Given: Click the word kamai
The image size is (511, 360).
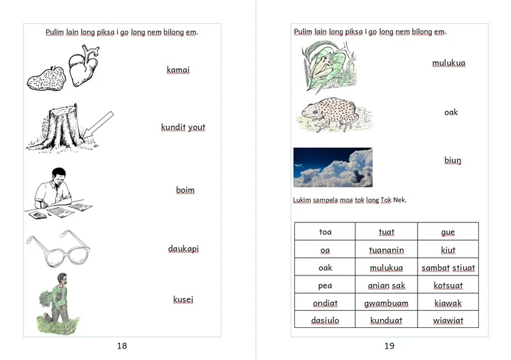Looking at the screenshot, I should click(178, 70).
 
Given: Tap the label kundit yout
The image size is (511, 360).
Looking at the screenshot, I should click(183, 127).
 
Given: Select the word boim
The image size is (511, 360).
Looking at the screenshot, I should click(185, 190).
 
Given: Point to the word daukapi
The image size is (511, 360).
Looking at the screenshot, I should click(183, 249).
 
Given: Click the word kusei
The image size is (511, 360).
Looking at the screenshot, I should click(183, 299).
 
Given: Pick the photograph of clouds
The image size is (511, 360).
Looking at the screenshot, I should click(332, 167).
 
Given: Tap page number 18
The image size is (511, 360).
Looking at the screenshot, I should click(122, 346).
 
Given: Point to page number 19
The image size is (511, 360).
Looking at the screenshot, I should click(389, 346).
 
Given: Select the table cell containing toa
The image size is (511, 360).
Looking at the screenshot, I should click(325, 232).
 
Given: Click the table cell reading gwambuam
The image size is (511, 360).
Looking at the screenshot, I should click(386, 303).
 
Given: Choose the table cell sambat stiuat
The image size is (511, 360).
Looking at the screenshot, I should click(448, 267).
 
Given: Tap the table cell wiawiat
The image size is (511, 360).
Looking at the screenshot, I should click(448, 320).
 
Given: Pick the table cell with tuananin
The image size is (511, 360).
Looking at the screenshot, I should click(386, 250).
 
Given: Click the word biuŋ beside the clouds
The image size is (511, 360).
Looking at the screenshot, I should click(452, 161).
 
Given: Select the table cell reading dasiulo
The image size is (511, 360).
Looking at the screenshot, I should click(325, 320).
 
